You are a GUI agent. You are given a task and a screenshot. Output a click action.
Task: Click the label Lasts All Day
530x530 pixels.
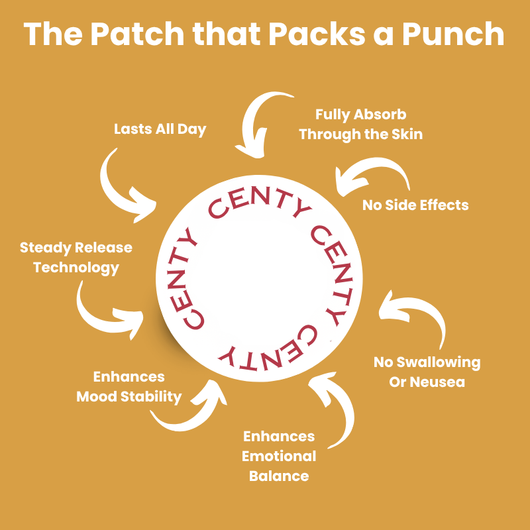point(160,129)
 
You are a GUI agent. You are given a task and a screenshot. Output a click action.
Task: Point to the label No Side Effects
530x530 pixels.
point(415,205)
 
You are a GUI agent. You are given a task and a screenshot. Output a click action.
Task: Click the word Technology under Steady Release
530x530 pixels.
point(76,268)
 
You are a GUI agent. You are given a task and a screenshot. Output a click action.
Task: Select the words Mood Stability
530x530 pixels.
point(129,397)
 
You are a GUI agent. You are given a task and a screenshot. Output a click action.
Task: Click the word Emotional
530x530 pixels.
point(279,456)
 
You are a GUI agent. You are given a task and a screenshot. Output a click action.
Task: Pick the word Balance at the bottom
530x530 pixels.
point(279,476)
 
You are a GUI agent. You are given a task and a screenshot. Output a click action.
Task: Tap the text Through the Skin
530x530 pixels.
point(360,134)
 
